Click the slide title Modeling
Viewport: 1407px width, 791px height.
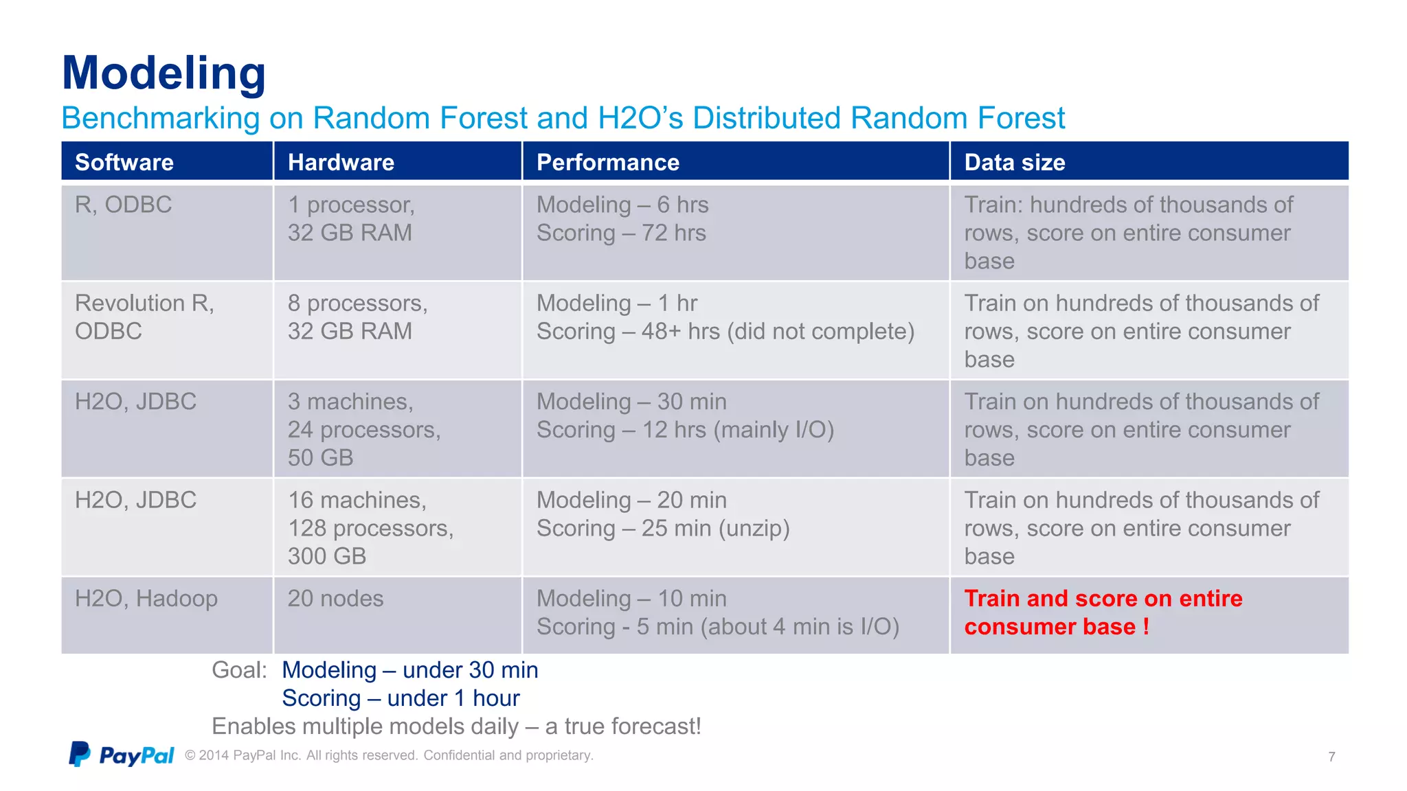pyautogui.click(x=164, y=73)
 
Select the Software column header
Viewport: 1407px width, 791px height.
pyautogui.click(x=124, y=162)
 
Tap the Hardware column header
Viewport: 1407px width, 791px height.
pyautogui.click(x=341, y=162)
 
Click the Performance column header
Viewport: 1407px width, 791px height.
pyautogui.click(x=607, y=162)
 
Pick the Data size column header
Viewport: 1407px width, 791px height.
pyautogui.click(x=1014, y=162)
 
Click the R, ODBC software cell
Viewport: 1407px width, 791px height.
pyautogui.click(x=123, y=205)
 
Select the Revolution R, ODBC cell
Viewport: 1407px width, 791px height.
pyautogui.click(x=144, y=317)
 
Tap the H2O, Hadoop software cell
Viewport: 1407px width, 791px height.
pyautogui.click(x=146, y=598)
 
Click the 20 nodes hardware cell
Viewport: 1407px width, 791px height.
pyautogui.click(x=335, y=598)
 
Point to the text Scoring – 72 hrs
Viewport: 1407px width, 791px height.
pyautogui.click(x=621, y=233)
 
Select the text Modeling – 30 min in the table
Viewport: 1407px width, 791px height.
pyautogui.click(x=631, y=401)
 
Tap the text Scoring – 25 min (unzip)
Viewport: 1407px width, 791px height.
pyautogui.click(x=663, y=528)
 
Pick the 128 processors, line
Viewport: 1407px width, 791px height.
pyautogui.click(x=370, y=528)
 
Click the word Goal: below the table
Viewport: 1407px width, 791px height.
pyautogui.click(x=239, y=669)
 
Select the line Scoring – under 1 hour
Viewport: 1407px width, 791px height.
pyautogui.click(x=401, y=698)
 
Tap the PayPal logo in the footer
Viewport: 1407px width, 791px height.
pyautogui.click(x=122, y=755)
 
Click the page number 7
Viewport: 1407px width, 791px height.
pyautogui.click(x=1331, y=757)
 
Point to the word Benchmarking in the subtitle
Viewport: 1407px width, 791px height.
pyautogui.click(x=160, y=118)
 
